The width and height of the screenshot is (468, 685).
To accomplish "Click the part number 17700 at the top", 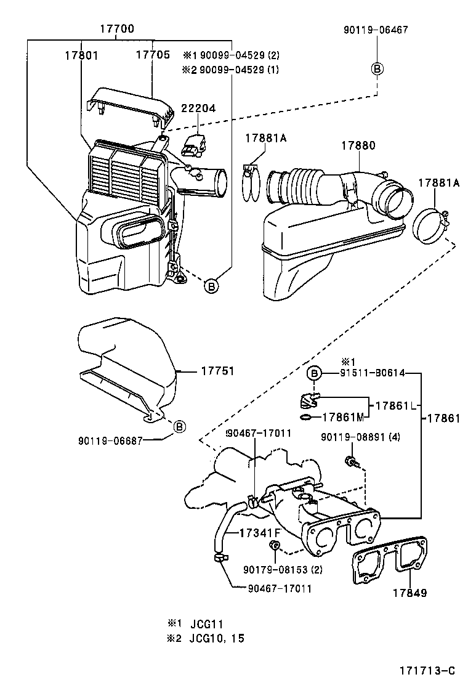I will click(116, 28).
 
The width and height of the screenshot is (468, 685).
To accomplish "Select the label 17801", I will click(81, 55).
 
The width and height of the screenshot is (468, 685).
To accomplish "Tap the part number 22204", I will click(198, 108).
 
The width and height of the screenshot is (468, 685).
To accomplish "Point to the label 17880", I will click(358, 145).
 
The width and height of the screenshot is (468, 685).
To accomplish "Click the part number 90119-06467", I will click(376, 29).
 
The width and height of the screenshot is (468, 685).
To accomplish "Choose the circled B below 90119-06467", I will click(377, 69).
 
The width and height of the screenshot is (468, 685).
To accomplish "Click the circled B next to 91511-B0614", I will click(314, 373).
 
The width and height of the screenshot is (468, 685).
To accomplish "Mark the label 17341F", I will click(260, 532).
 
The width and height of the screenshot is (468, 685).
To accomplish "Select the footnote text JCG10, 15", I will click(222, 638).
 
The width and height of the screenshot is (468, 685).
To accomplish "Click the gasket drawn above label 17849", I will click(389, 559).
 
